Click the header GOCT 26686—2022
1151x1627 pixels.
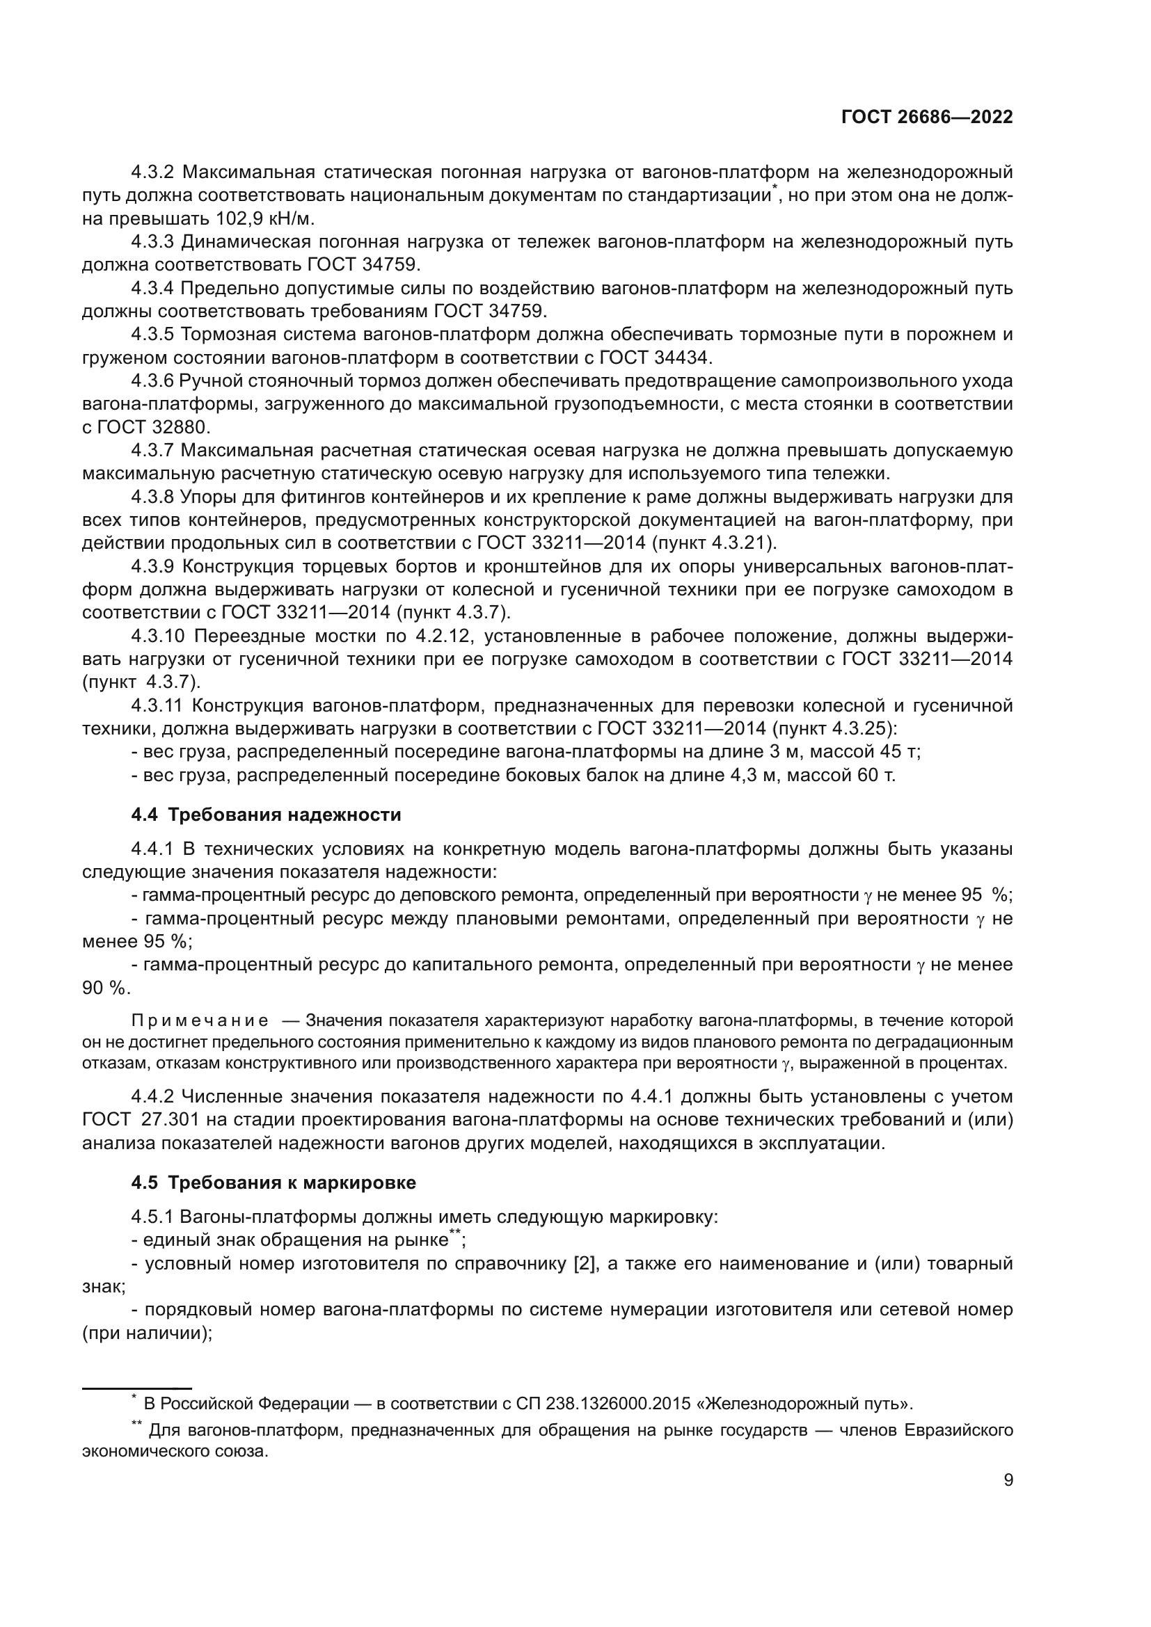click(x=927, y=118)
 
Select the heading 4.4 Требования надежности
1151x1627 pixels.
click(x=266, y=815)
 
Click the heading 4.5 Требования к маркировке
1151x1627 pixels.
click(x=273, y=1183)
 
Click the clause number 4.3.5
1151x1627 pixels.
click(x=152, y=335)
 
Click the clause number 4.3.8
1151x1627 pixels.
click(x=152, y=497)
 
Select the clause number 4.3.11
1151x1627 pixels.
click(x=157, y=706)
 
